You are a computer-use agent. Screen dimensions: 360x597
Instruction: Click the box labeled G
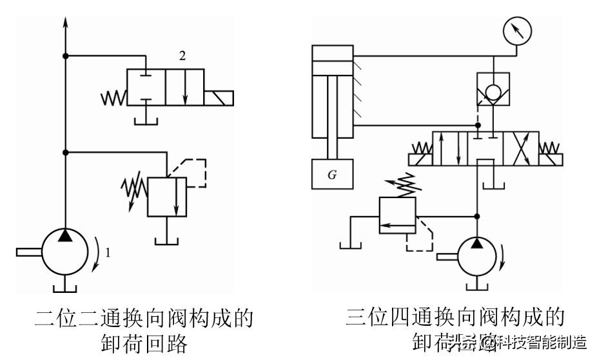pyautogui.click(x=332, y=173)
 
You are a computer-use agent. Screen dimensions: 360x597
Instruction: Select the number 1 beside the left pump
pyautogui.click(x=108, y=254)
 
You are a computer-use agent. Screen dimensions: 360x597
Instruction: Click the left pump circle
pyautogui.click(x=65, y=251)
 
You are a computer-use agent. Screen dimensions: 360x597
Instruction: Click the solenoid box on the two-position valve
pyautogui.click(x=219, y=99)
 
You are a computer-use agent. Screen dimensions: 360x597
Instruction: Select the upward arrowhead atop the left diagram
pyautogui.click(x=65, y=23)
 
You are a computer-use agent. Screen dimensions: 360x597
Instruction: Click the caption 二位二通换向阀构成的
pyautogui.click(x=143, y=318)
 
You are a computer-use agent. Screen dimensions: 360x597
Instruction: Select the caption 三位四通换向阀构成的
pyautogui.click(x=455, y=317)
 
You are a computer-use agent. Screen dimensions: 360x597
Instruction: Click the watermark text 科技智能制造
pyautogui.click(x=545, y=342)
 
